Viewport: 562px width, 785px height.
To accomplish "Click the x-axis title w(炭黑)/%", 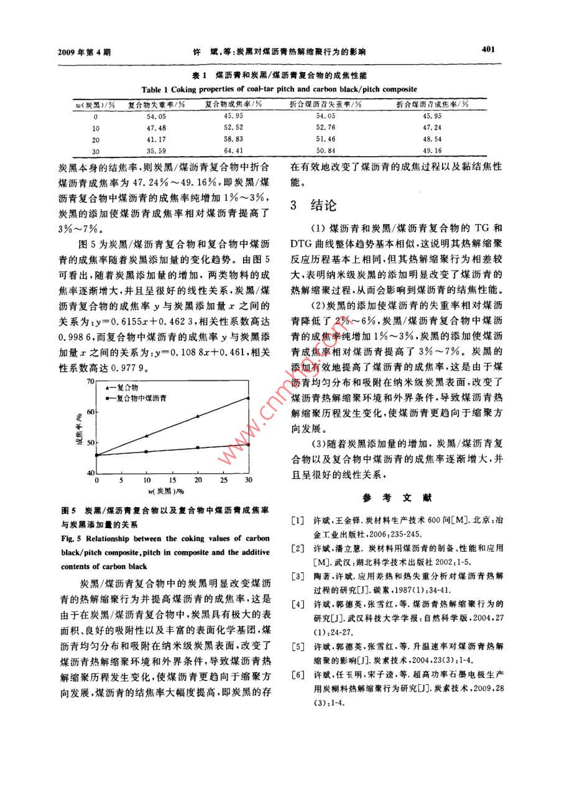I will pos(172,491).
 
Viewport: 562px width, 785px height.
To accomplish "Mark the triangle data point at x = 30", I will pos(249,397).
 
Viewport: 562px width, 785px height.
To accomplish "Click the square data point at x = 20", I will pos(198,447).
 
